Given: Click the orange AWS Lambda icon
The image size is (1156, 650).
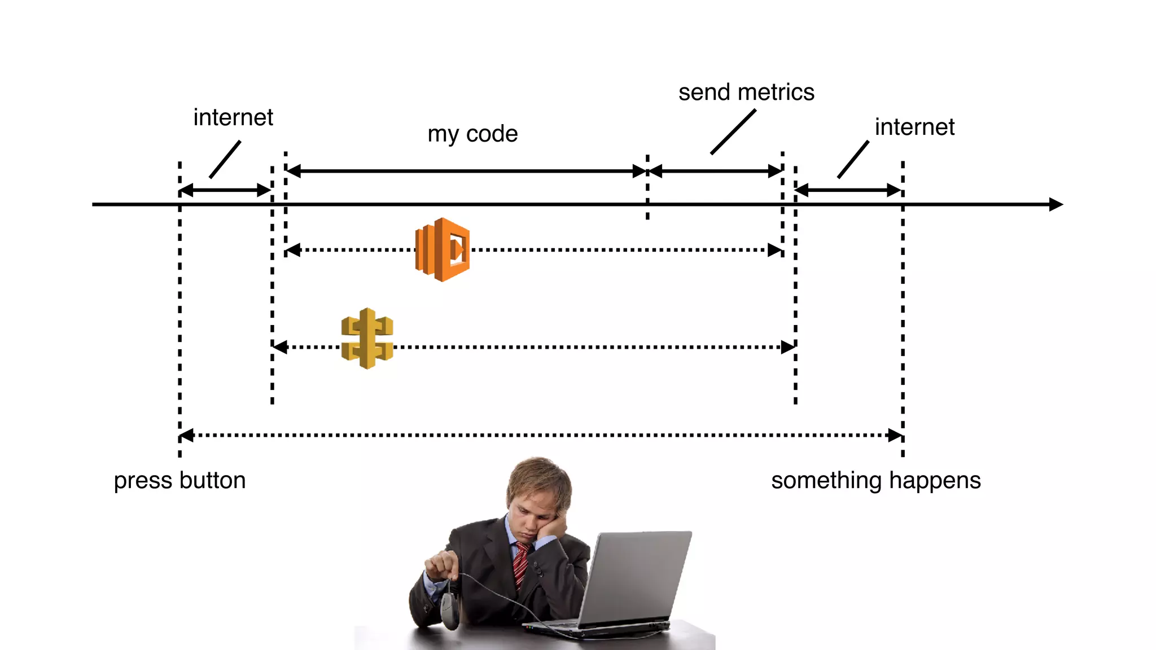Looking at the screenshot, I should (442, 249).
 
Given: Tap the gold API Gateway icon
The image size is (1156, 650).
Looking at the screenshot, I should (367, 339).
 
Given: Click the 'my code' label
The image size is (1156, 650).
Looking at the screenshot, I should (472, 134).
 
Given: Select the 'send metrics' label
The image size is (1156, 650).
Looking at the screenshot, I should (746, 92).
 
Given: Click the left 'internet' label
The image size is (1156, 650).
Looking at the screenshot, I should (233, 117).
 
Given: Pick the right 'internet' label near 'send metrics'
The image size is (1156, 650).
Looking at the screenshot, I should (914, 127).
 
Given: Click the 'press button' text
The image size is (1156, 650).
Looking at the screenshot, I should (179, 480).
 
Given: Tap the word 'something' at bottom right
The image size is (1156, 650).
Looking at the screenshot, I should (826, 480).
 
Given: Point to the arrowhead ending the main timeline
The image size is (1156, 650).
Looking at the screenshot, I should (1056, 204).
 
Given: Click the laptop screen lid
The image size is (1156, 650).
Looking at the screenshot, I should (635, 576).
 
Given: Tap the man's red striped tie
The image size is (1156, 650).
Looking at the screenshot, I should (521, 564).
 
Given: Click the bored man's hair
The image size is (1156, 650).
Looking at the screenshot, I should (539, 477).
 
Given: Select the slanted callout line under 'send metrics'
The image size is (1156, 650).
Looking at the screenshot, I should (733, 131).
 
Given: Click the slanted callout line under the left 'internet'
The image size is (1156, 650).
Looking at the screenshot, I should (225, 160).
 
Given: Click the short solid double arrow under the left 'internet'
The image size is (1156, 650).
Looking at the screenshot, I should (225, 190).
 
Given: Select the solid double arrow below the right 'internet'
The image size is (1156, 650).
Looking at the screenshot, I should (848, 190).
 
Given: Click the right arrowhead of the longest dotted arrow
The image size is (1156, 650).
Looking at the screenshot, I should (895, 435).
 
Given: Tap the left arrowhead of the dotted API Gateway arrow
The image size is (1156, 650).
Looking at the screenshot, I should (280, 347).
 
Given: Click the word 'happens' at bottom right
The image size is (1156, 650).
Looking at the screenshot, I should (935, 480).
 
